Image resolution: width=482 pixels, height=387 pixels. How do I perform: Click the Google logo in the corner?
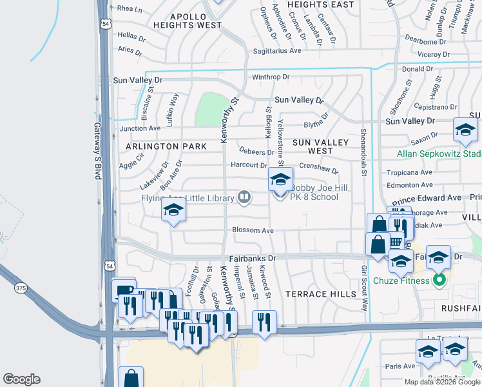pos(21,379)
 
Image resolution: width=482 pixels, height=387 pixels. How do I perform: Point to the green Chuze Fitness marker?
pos(439,280)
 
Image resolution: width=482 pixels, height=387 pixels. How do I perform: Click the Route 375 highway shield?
pos(21,288)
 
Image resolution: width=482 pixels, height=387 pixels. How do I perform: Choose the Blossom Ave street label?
pos(253,230)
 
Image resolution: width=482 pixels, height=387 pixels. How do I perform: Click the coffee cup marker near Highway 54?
pos(123,289)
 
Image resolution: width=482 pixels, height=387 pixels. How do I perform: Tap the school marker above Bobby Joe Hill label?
pos(280,179)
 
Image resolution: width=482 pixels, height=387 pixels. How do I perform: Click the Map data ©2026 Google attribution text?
pos(442,382)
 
